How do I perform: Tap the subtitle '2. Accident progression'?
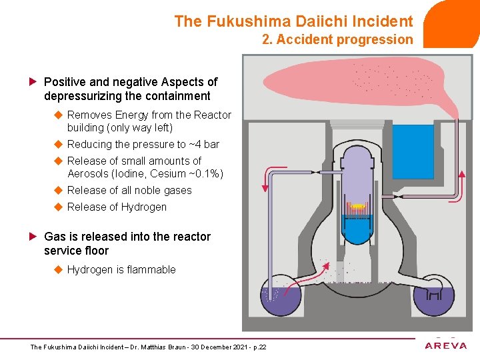click(337, 39)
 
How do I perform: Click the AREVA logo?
click(446, 345)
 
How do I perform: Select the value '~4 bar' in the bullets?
click(204, 144)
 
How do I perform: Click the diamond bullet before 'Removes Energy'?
click(58, 115)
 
